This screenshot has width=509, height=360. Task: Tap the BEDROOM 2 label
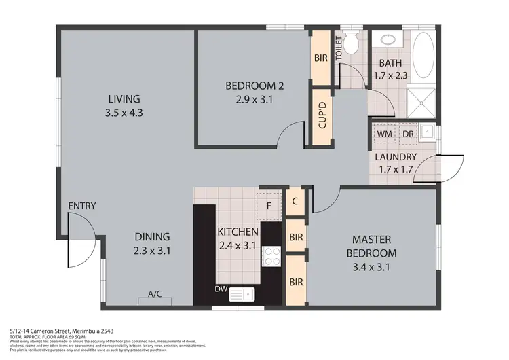point(254,86)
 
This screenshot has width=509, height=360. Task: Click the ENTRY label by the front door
point(81,206)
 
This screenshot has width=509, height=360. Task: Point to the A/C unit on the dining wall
point(155,295)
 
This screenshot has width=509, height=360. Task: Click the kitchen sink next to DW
point(242,294)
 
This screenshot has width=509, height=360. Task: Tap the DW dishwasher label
point(221,289)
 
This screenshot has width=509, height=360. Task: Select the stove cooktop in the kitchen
point(272,256)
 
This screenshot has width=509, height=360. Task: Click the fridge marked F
point(269,204)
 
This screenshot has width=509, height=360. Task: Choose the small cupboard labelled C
point(295,201)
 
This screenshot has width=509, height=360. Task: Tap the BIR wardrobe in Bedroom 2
point(321,58)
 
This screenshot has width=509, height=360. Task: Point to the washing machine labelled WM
point(384,134)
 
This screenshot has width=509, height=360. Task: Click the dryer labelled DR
point(407,134)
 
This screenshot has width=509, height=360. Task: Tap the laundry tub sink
point(428,132)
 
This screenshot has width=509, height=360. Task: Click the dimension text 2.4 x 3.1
point(236,246)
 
